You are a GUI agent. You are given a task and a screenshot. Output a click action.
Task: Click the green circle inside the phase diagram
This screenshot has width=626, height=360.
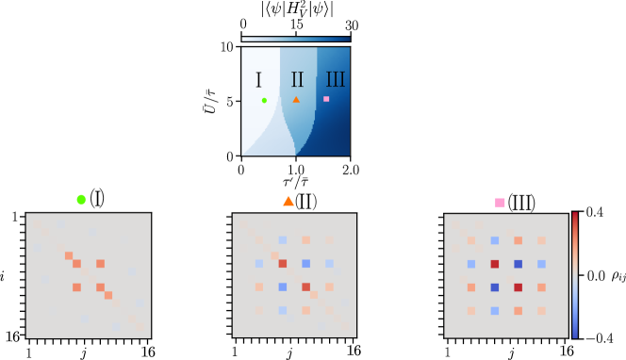[264, 100]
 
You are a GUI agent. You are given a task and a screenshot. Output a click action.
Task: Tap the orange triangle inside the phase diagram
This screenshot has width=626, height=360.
[296, 99]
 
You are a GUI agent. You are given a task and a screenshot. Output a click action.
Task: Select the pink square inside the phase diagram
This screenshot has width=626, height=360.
[326, 99]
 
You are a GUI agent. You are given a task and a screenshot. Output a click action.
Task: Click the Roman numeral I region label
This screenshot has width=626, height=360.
[258, 80]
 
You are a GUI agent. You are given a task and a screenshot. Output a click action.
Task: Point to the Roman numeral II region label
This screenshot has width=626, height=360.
[297, 80]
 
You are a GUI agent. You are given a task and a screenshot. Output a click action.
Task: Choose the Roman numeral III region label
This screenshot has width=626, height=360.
[335, 80]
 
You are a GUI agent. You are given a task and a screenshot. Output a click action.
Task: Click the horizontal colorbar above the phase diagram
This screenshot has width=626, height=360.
[295, 40]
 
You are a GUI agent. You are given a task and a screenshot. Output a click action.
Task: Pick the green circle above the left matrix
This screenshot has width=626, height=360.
[81, 199]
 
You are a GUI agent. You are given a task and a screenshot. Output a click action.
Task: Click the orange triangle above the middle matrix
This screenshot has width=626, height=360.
[288, 201]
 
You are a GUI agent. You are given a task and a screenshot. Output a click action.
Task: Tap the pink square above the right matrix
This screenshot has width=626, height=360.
[500, 203]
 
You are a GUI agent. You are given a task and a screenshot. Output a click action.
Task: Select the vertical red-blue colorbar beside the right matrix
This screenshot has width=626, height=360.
[575, 274]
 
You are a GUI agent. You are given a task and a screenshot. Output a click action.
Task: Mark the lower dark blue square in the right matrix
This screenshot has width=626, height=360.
[495, 286]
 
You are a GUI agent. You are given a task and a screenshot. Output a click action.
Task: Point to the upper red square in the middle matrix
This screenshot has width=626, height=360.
[282, 264]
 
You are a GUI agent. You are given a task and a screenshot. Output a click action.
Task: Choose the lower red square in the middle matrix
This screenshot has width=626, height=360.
[305, 286]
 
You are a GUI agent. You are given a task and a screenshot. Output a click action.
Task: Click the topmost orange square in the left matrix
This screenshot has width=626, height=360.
[69, 255]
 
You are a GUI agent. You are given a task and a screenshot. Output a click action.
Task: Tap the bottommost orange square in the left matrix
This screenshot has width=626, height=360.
[108, 295]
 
